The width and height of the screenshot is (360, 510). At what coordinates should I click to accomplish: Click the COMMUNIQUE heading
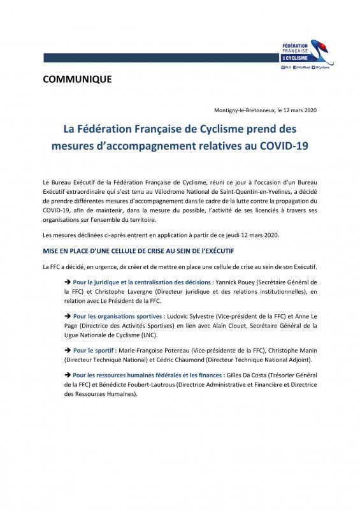(77, 80)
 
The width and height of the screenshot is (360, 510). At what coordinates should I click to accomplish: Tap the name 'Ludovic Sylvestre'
(192, 316)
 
